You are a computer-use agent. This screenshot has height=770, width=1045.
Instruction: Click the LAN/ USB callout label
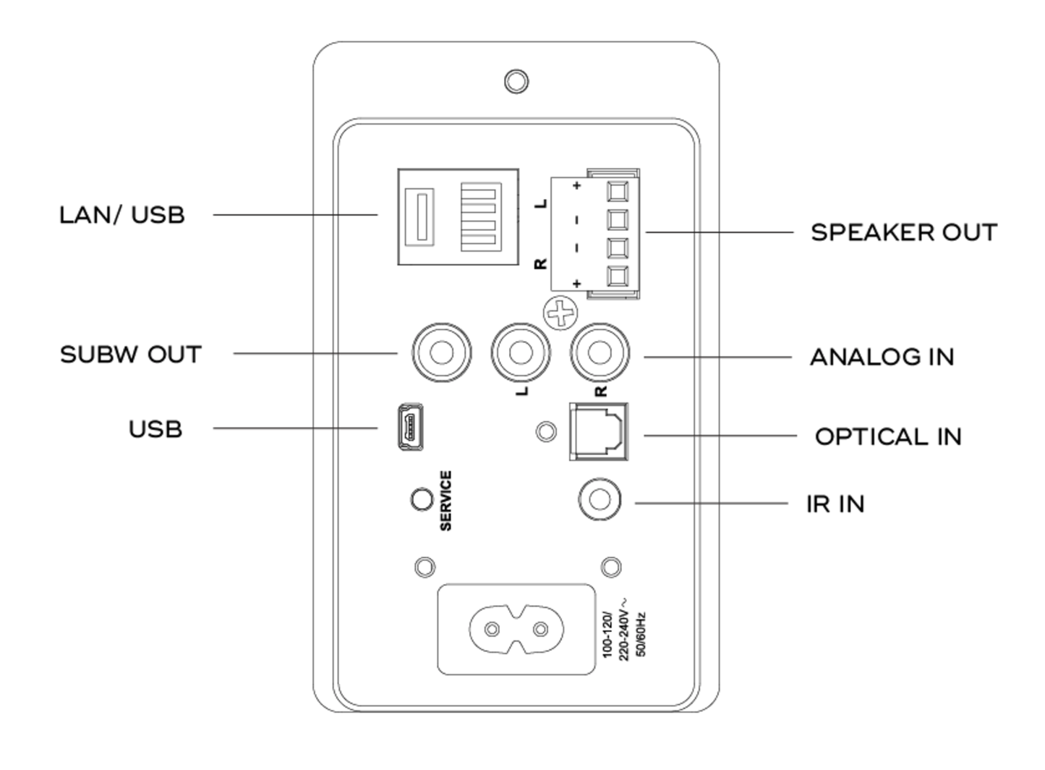click(121, 215)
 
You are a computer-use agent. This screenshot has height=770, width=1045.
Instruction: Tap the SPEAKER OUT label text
click(903, 232)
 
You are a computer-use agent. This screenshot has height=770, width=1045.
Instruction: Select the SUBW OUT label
click(130, 355)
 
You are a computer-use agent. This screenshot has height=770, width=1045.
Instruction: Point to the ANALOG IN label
click(882, 357)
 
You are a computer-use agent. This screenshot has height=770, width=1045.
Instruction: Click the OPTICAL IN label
click(887, 436)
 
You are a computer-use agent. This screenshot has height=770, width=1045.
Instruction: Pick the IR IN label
click(835, 504)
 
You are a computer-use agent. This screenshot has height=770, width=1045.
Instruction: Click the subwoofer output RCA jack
click(441, 353)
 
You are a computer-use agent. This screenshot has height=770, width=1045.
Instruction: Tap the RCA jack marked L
click(520, 353)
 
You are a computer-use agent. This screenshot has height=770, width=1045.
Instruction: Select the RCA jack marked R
click(600, 353)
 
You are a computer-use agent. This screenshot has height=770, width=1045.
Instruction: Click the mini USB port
click(410, 428)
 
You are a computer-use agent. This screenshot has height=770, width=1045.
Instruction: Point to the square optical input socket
click(600, 431)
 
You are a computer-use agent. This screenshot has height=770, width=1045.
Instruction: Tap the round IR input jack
click(600, 500)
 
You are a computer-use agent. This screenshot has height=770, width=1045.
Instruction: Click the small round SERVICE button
click(421, 499)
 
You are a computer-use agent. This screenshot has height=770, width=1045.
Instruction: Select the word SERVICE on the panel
click(445, 501)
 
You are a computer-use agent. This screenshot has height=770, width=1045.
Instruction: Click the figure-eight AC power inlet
click(516, 629)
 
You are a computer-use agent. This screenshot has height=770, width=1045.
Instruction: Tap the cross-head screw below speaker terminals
click(560, 313)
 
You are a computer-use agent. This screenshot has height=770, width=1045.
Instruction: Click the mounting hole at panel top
click(516, 81)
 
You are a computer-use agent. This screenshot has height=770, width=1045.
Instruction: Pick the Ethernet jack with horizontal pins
click(481, 216)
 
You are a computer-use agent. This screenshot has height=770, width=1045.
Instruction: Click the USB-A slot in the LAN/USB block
click(419, 216)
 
